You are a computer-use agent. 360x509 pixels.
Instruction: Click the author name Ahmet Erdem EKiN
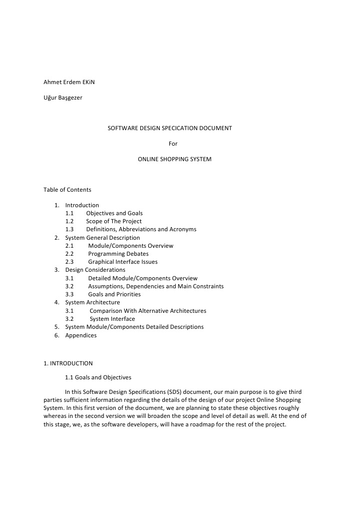tap(69, 82)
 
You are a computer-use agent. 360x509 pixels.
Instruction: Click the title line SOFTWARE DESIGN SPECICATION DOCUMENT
tap(170, 128)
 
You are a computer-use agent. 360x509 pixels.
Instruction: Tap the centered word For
tap(173, 144)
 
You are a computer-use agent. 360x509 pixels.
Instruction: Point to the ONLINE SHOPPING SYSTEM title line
tap(174, 160)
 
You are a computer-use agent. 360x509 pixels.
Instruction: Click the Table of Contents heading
tap(68, 190)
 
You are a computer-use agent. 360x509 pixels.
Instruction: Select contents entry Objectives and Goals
tap(114, 213)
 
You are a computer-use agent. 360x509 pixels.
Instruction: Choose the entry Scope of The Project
tap(114, 221)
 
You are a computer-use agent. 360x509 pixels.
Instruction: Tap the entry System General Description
tap(103, 238)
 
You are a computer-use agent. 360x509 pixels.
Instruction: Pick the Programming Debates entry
tap(118, 254)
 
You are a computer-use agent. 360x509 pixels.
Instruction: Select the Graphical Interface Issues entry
tap(123, 262)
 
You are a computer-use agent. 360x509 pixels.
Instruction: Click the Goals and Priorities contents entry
tap(114, 294)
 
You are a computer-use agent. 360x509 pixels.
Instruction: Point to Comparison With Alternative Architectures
tap(148, 311)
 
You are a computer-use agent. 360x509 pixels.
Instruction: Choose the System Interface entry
tap(112, 319)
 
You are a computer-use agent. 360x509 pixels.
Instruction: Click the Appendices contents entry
tap(81, 335)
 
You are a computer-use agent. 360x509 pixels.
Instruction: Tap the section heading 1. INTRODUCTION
tap(68, 363)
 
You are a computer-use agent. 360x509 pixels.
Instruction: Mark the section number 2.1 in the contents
tap(70, 246)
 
